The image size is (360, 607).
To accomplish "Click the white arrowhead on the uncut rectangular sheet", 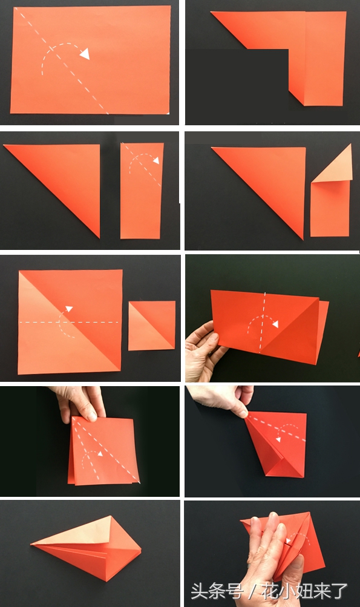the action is pos(85,53).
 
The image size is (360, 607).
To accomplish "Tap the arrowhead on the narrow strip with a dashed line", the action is pos(156,160).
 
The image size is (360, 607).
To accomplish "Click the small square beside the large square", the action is pos(152,326).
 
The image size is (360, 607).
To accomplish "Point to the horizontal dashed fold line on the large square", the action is pos(69,322).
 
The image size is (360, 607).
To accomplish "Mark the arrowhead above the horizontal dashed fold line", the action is pos(69,309).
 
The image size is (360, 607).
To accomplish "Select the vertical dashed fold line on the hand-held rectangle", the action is pos(263,322).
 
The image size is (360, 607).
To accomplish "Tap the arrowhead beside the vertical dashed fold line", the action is pos(275,324).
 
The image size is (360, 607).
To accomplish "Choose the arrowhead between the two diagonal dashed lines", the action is pos(100,453).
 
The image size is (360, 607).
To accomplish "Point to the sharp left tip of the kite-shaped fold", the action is pos(31,545).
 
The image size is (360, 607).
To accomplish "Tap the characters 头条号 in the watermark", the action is pos(217,592).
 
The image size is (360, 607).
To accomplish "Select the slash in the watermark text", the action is pos(253,592).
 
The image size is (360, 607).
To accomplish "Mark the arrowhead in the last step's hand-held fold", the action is pos(289,540).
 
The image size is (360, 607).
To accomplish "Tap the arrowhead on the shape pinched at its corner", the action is pos(278,439).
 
